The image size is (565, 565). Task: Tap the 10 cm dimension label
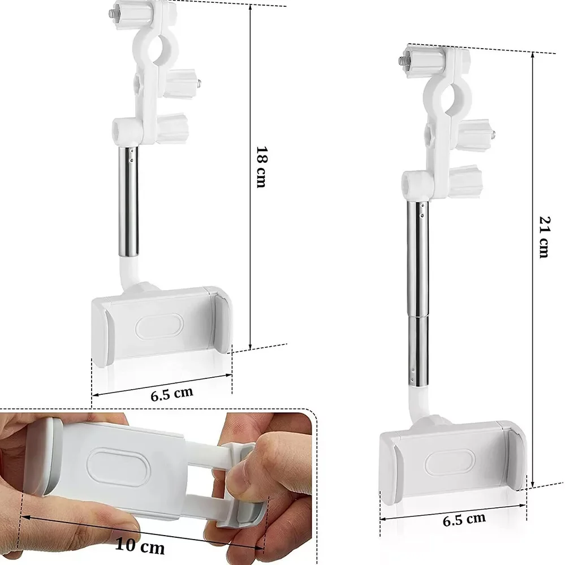[140, 546]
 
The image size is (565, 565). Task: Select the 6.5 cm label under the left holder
[172, 394]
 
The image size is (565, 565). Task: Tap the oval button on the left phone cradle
[159, 325]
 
